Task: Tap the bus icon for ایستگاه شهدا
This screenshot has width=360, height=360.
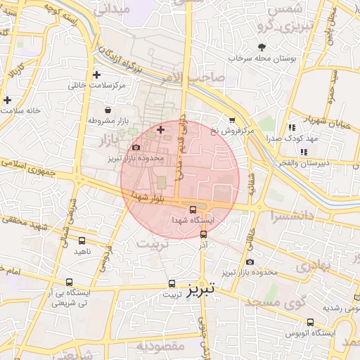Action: (193, 208)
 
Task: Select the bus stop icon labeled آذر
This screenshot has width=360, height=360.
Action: (204, 234)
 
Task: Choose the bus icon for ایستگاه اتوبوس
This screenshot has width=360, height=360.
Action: (310, 322)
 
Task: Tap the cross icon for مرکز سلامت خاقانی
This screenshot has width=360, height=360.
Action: (96, 75)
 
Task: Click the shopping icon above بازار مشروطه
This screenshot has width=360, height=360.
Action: (107, 110)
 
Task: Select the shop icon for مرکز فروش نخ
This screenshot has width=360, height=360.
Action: (232, 120)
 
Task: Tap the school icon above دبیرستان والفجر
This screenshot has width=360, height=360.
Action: (304, 152)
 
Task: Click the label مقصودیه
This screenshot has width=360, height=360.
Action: (160, 345)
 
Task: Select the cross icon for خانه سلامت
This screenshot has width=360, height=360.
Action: (7, 100)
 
